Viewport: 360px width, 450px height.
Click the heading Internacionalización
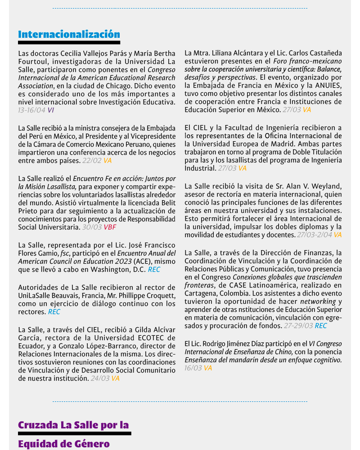click(69, 34)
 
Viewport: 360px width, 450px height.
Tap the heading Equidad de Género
click(63, 444)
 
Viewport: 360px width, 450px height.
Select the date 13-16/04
click(31, 110)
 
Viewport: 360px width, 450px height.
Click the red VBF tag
click(110, 227)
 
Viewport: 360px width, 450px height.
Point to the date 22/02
click(92, 160)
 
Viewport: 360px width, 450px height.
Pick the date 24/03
click(100, 378)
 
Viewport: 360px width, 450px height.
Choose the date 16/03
click(193, 368)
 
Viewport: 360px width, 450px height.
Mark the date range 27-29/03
click(297, 326)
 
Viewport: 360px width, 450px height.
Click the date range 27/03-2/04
click(314, 235)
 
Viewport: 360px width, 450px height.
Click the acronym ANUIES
click(327, 85)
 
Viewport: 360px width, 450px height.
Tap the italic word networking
click(318, 301)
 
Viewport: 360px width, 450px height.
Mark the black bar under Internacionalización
click(69, 43)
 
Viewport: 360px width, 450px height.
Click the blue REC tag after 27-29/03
click(321, 326)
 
